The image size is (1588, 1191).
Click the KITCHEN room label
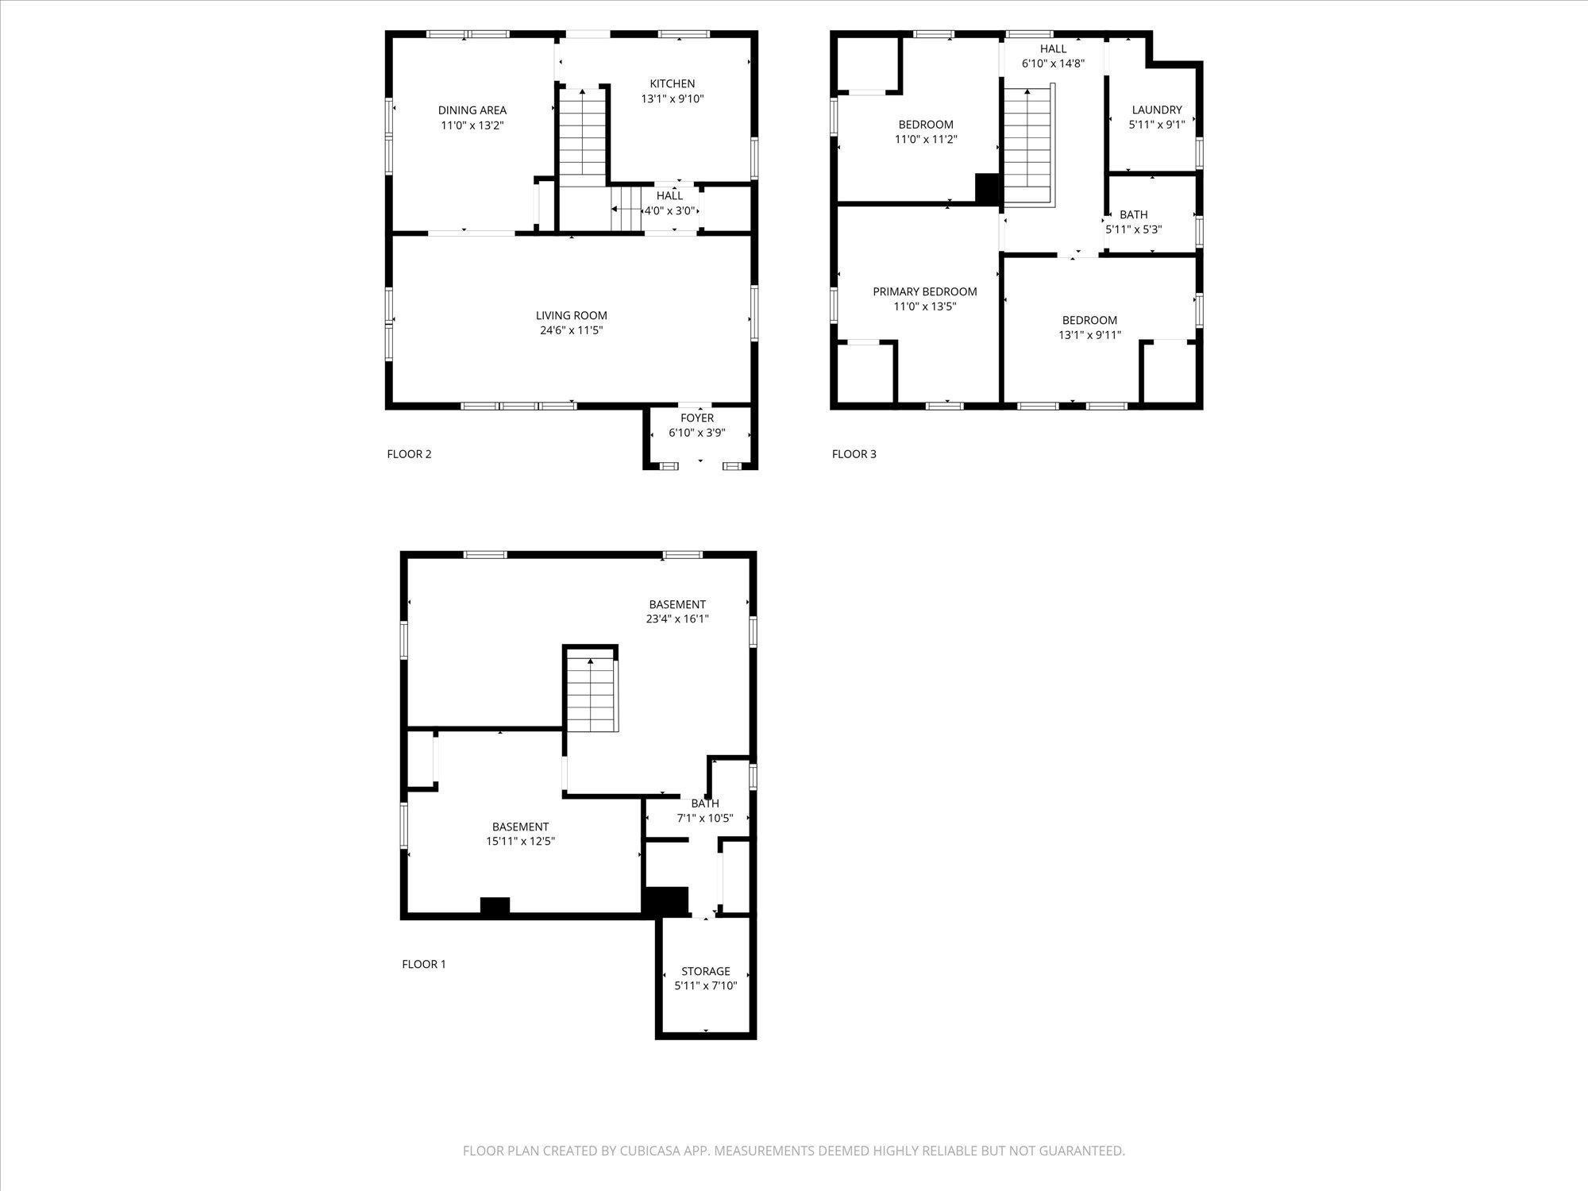click(x=673, y=84)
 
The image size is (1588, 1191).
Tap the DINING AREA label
click(x=472, y=111)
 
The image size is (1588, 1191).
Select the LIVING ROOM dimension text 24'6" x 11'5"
click(x=572, y=330)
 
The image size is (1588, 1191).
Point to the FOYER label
click(x=697, y=418)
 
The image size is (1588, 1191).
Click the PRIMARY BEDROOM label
click(x=925, y=292)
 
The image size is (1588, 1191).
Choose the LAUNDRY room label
click(x=1157, y=110)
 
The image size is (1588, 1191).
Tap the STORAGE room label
click(x=706, y=972)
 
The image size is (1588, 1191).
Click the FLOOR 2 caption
click(x=409, y=454)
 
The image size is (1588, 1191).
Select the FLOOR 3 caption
click(x=854, y=454)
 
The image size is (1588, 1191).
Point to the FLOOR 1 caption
click(x=424, y=964)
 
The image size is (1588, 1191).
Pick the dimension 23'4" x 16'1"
click(x=677, y=619)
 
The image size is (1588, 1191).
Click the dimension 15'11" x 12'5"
click(x=521, y=842)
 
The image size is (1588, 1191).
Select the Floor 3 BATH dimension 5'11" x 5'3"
click(x=1134, y=229)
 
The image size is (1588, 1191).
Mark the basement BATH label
click(x=705, y=804)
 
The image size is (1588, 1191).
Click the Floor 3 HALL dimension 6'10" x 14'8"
click(x=1054, y=64)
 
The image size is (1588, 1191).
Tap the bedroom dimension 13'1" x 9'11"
click(x=1090, y=335)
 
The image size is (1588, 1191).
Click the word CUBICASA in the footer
click(x=654, y=1151)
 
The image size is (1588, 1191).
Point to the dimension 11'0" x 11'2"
click(x=926, y=140)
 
